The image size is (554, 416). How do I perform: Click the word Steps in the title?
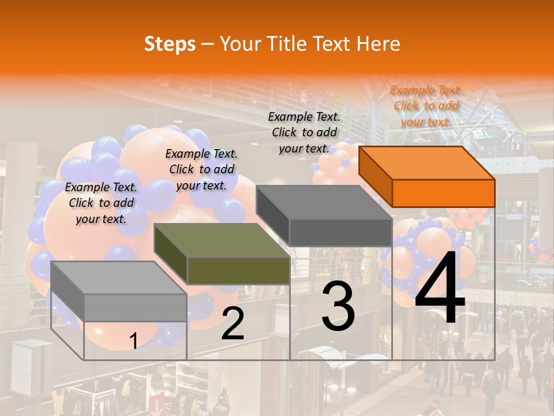[170, 44]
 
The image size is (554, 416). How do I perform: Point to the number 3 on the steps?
[338, 306]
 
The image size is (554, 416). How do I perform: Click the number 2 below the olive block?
[233, 324]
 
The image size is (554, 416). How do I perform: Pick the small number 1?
[133, 341]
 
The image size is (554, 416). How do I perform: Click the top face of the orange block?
[427, 162]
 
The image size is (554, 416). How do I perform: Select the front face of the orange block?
[443, 193]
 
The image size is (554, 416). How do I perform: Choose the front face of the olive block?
[238, 270]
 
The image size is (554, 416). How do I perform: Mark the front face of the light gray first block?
[136, 307]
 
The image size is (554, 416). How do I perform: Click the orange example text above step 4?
[426, 106]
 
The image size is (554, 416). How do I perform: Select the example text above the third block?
[304, 132]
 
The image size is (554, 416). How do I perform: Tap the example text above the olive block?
[201, 169]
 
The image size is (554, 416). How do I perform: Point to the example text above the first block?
[101, 203]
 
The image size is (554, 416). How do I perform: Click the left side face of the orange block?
[375, 176]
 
